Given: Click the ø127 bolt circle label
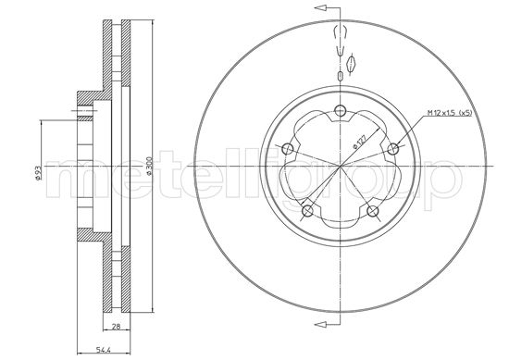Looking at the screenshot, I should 356,143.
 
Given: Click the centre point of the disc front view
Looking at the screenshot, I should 341,168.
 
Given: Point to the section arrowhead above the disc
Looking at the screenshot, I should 321,7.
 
